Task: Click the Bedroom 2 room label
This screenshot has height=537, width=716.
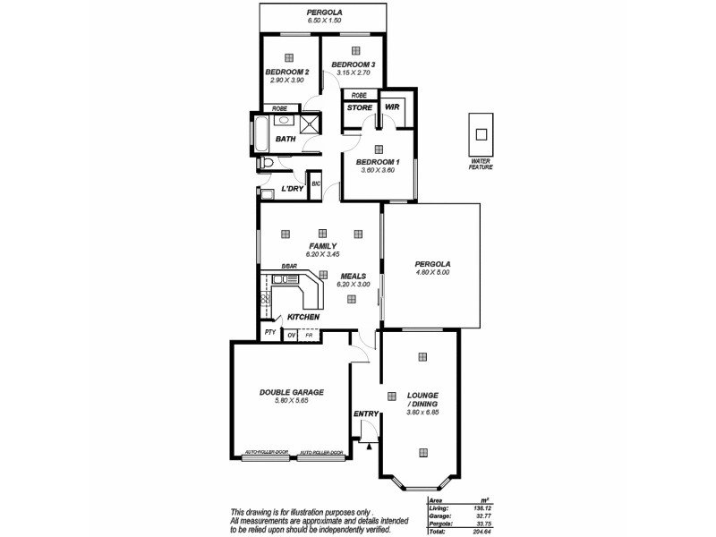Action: pos(287,72)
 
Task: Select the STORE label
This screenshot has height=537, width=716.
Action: pos(360,107)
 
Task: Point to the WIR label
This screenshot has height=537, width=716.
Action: pos(391,107)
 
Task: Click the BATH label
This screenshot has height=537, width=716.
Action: pos(285,139)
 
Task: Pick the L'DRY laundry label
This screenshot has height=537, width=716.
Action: pos(291,189)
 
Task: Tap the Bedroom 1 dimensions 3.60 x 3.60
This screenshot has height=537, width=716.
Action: pos(378,170)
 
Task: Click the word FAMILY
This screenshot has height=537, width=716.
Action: pos(322,246)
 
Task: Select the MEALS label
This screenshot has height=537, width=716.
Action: pos(353,276)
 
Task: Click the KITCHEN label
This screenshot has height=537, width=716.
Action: pos(303,317)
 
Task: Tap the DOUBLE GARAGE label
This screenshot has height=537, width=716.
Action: pos(292,392)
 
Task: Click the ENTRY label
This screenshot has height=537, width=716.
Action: pos(366,413)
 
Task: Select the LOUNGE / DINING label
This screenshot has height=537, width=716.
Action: pos(422,400)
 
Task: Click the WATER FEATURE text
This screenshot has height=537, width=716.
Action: pos(481,164)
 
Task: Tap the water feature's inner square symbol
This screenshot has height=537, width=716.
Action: pos(481,134)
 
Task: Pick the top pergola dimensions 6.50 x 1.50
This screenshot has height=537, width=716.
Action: pos(324,20)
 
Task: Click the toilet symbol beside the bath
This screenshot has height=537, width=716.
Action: pos(268,163)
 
